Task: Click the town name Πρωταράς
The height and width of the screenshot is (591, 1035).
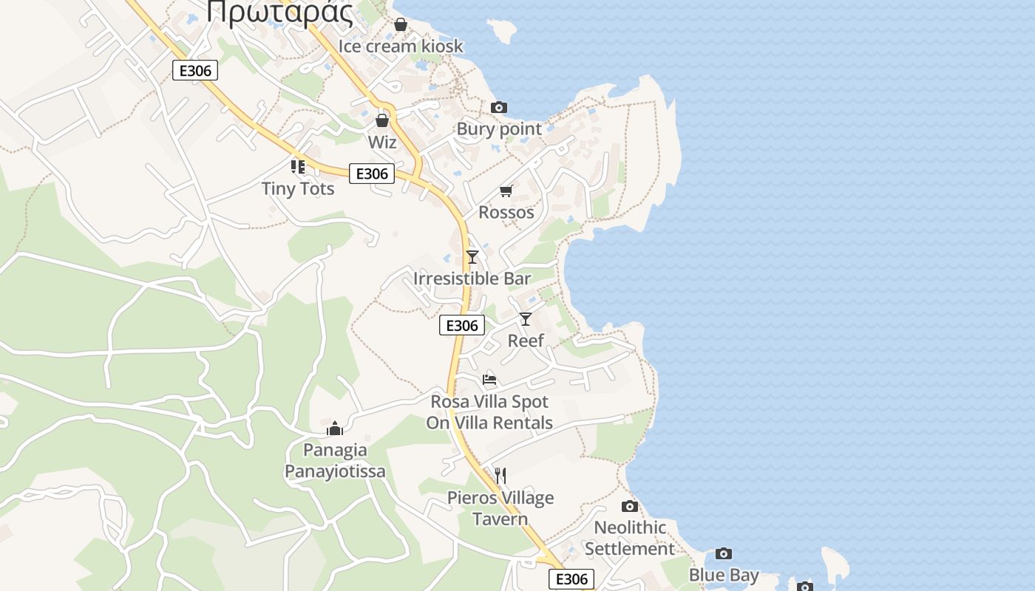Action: click(279, 12)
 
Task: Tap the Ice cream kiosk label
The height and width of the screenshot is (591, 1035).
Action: click(401, 47)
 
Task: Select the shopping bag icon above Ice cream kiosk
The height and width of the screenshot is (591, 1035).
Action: click(401, 25)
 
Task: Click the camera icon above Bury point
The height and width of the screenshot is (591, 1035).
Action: click(499, 108)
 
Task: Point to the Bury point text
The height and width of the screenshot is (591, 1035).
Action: click(499, 129)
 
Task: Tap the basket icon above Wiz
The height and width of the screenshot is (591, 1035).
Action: click(382, 120)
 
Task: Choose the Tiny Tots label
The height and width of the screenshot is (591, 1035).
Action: click(298, 189)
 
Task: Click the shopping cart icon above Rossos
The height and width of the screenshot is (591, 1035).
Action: click(506, 191)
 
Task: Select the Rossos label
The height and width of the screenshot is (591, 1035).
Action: click(506, 213)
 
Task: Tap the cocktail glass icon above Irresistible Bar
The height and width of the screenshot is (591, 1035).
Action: click(472, 257)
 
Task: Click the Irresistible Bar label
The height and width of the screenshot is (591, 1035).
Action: click(472, 279)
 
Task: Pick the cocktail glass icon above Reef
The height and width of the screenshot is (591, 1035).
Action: click(526, 319)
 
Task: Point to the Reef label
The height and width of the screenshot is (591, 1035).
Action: click(526, 341)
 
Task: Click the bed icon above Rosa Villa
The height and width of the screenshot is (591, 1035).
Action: click(489, 380)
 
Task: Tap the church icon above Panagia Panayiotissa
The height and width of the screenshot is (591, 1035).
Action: click(335, 428)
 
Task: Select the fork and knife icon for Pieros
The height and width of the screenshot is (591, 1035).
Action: click(500, 475)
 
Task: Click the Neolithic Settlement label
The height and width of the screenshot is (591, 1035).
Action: click(630, 539)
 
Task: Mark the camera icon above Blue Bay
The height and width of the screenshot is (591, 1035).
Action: click(724, 554)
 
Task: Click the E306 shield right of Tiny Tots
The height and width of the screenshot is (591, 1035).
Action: click(371, 174)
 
